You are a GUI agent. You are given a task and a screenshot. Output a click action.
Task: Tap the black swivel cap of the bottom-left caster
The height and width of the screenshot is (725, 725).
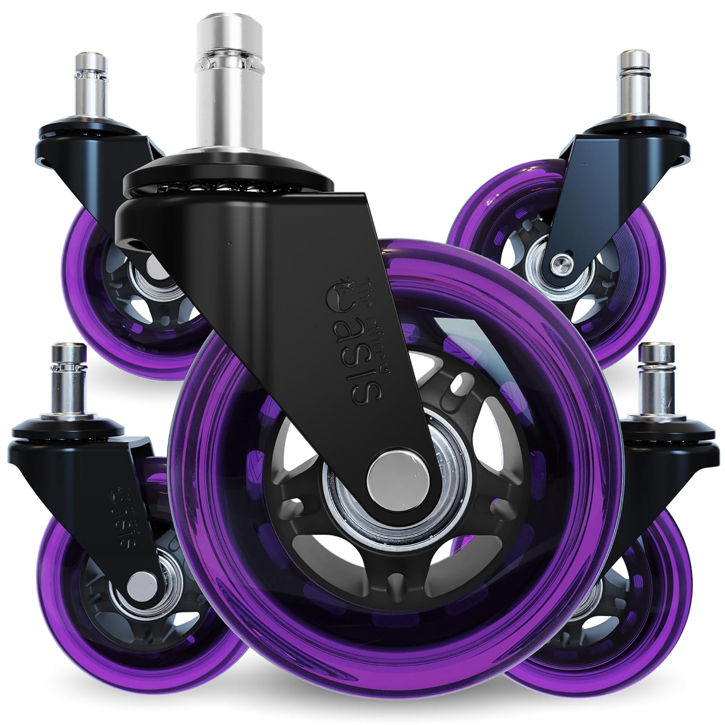pyautogui.click(x=53, y=433)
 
